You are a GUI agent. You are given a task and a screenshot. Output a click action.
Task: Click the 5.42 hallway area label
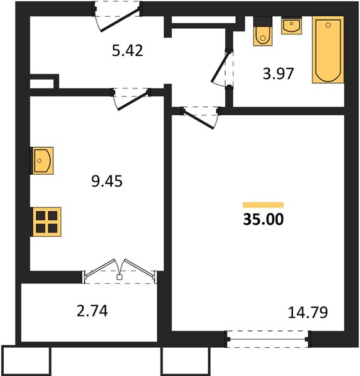pos(127,51)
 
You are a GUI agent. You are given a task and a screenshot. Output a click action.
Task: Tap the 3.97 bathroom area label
pos(278,73)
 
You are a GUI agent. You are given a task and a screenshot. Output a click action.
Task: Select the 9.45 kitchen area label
pos(107,181)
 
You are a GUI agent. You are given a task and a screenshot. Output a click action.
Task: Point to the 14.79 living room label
pos(308,313)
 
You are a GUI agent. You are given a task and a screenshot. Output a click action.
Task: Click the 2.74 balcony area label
pos(92,311)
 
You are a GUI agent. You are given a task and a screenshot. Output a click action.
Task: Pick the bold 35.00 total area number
pos(263,219)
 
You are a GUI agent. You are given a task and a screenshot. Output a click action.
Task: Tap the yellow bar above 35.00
pos(263,205)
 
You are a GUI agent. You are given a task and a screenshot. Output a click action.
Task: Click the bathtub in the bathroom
pos(328,50)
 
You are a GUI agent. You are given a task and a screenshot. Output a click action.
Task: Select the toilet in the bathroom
pos(263,31)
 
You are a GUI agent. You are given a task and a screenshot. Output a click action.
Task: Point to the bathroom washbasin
pos(292,26)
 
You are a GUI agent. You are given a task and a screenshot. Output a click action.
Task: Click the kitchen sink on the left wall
pos(41,160)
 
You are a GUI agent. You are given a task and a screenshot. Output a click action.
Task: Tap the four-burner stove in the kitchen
pos(46,222)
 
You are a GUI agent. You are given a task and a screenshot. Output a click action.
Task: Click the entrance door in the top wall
pos(117,16)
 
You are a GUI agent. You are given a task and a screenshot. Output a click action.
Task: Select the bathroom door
pos(222,69)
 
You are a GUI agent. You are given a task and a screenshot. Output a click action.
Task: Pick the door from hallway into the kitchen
pos(131,99)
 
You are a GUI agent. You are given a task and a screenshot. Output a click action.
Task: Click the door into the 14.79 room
pos(201,118)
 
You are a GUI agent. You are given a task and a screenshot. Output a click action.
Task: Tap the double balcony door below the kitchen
pos(120,271)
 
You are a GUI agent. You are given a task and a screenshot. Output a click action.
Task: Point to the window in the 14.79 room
pos(268,339)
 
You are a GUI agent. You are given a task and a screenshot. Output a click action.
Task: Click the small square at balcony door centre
pos(119,277)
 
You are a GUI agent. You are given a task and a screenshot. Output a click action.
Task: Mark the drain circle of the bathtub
pos(328,25)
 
